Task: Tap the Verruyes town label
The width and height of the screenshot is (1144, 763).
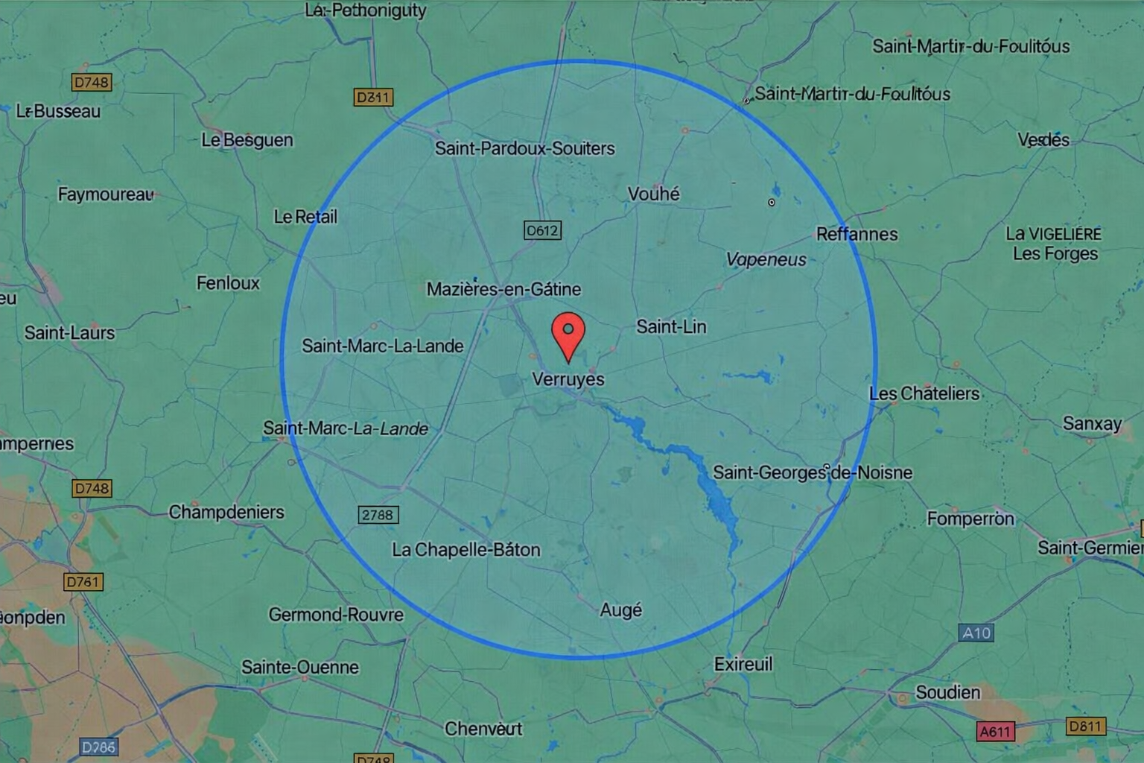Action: [568, 379]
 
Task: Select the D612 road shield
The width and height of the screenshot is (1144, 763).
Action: [542, 231]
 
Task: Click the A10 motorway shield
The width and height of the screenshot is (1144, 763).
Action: [976, 633]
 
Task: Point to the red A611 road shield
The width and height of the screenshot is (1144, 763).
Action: [994, 732]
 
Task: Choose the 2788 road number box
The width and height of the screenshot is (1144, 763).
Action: [378, 515]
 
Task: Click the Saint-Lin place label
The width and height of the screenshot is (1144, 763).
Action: [671, 326]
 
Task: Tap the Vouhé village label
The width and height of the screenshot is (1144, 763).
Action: [653, 194]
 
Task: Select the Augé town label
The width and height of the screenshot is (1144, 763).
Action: [620, 610]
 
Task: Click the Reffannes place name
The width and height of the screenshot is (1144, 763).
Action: [857, 234]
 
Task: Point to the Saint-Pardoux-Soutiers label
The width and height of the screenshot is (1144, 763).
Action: [525, 148]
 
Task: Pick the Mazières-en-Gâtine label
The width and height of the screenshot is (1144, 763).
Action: [503, 289]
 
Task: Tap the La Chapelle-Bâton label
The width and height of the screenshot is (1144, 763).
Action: [466, 550]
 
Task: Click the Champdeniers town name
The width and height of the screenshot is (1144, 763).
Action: [226, 512]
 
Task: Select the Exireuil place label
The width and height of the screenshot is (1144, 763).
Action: [743, 664]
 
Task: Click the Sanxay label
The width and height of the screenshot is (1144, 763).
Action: [1092, 424]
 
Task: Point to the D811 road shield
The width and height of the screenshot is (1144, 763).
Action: [1085, 726]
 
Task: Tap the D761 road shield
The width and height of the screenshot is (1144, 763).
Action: [83, 582]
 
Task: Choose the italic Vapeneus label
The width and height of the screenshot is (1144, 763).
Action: [766, 259]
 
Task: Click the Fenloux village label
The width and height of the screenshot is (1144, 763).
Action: [228, 283]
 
